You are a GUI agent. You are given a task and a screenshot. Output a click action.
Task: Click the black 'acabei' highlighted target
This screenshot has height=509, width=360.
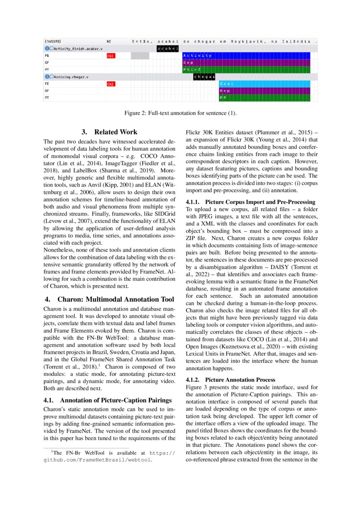point(168,48)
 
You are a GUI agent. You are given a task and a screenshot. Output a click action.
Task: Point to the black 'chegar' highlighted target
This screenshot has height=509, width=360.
point(204,77)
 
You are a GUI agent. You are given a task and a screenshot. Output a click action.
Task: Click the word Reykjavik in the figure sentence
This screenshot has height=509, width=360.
point(248,41)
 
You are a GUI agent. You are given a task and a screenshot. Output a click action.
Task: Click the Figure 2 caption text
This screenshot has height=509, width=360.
point(180,114)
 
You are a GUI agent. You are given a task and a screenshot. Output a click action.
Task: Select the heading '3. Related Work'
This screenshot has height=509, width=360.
point(109,132)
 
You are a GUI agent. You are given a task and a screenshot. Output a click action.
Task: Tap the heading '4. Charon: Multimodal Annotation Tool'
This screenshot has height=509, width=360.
point(109,299)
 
